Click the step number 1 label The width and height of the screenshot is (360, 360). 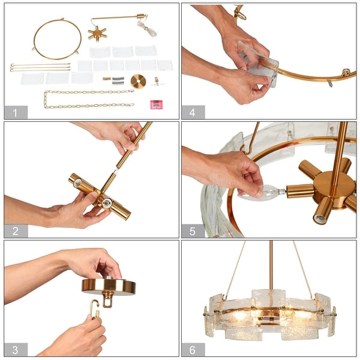16,112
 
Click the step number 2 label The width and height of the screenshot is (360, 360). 16,231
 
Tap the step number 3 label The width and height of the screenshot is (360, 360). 16,349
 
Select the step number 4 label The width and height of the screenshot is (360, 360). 193,112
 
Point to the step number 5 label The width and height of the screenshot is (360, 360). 193,231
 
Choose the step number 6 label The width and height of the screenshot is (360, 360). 193,349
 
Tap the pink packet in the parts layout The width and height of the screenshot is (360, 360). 157,104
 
